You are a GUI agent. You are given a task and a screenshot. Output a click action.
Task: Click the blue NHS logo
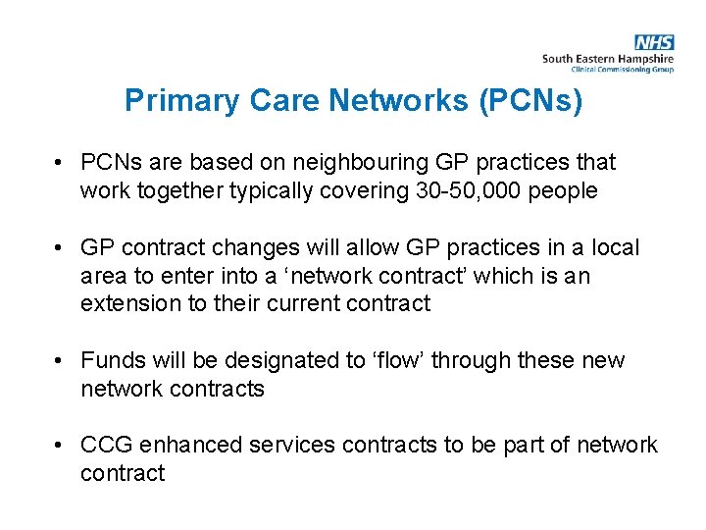(654, 42)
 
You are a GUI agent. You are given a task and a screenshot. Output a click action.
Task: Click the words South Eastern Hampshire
(608, 59)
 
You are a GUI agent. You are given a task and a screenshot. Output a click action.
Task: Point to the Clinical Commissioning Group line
(622, 70)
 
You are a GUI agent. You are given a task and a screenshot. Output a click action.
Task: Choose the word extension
(128, 303)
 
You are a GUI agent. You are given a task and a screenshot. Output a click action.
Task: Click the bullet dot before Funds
(61, 360)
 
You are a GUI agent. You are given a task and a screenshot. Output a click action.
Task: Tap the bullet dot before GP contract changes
(61, 247)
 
